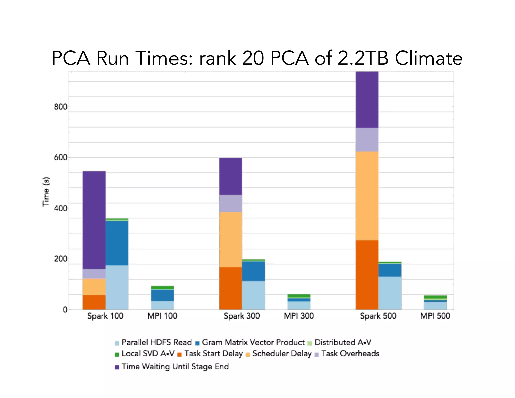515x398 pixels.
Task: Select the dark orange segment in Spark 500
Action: pyautogui.click(x=367, y=274)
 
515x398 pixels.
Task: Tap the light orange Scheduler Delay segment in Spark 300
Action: pyautogui.click(x=231, y=239)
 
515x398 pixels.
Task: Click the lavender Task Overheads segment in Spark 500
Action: pyautogui.click(x=367, y=140)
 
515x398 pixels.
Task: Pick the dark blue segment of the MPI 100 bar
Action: pyautogui.click(x=162, y=295)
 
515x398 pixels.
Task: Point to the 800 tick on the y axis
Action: pyautogui.click(x=61, y=107)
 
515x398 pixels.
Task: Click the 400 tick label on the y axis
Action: pyautogui.click(x=61, y=208)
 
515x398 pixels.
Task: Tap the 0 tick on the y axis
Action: pyautogui.click(x=65, y=310)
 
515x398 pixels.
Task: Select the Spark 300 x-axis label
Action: pyautogui.click(x=242, y=316)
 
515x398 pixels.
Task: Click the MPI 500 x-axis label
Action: pyautogui.click(x=435, y=316)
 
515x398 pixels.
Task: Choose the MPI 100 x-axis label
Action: pyautogui.click(x=162, y=316)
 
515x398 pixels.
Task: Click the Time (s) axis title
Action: pyautogui.click(x=46, y=192)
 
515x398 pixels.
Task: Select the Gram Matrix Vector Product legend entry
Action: pyautogui.click(x=253, y=342)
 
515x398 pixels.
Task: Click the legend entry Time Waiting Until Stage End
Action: pyautogui.click(x=175, y=367)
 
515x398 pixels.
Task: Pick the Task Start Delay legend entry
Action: pyautogui.click(x=213, y=354)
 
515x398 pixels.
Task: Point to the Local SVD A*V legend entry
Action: pyautogui.click(x=148, y=354)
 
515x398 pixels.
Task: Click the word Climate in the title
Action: pyautogui.click(x=428, y=58)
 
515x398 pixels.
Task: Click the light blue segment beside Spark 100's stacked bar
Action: pyautogui.click(x=117, y=287)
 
